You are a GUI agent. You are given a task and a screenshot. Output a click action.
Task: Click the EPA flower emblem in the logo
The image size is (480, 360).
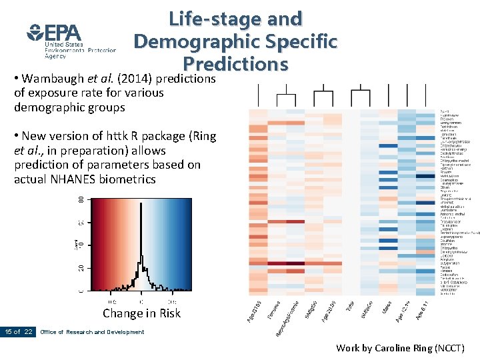(35, 32)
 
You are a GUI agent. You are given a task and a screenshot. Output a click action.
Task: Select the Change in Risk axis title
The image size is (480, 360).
(141, 313)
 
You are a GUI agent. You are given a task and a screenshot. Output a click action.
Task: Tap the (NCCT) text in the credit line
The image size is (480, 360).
(449, 347)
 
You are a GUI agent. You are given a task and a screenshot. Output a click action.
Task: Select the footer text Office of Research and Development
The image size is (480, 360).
(92, 332)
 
